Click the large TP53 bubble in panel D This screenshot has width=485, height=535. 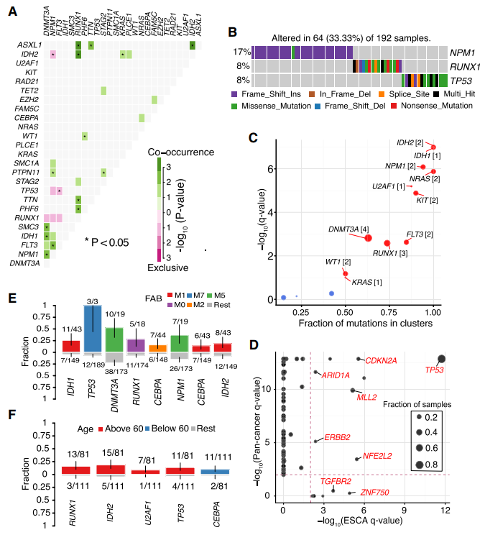tap(441, 358)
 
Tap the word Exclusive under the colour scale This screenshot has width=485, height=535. tap(169, 267)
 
